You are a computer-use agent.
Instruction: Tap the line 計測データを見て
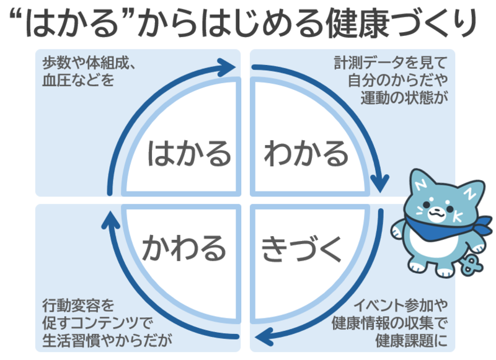[x=390, y=63]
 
